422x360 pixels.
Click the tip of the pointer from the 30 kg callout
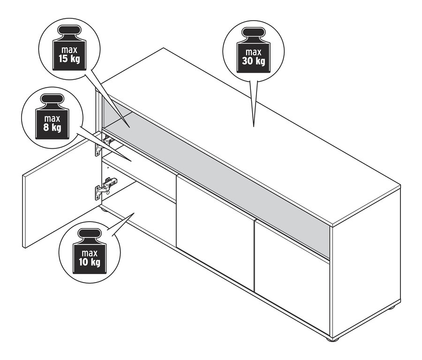pos(254,126)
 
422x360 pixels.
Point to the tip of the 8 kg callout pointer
pos(131,161)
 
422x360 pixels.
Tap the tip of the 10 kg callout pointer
pos(134,213)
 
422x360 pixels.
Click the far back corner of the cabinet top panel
pos(164,48)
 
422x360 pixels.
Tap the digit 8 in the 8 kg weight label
pos(46,128)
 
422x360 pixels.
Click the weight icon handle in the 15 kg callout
pos(69,31)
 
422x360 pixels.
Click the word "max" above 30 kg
pos(253,52)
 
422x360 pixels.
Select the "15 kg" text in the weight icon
pos(69,59)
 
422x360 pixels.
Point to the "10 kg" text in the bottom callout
pos(90,262)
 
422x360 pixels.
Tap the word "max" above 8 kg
pos(52,119)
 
